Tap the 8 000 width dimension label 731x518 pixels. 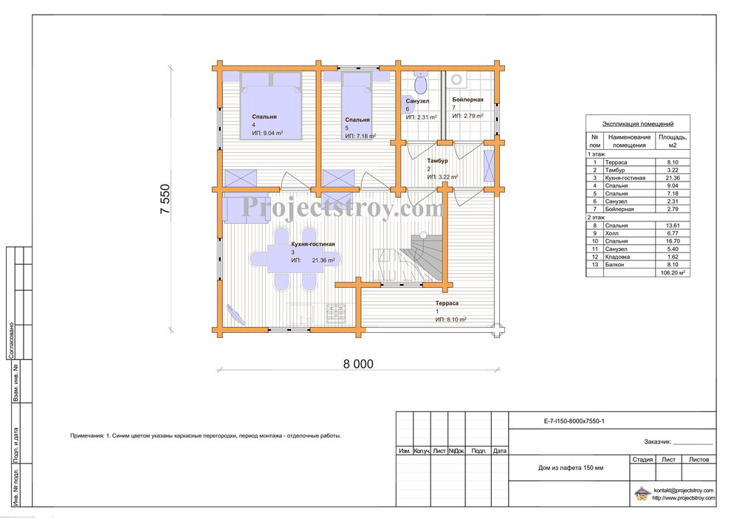(358, 364)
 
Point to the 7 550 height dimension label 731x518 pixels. (165, 199)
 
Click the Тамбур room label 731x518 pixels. (437, 161)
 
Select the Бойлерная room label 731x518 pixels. (467, 100)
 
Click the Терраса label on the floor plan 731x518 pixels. (447, 303)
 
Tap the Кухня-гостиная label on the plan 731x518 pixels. (313, 244)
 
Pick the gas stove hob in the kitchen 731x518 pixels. (336, 313)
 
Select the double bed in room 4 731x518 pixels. (271, 106)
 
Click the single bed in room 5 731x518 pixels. (357, 104)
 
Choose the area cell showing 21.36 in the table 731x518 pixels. (672, 178)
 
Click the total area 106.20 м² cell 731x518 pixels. (672, 273)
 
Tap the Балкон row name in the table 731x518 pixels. (614, 265)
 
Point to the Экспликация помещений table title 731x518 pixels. (637, 124)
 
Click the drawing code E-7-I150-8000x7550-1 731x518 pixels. (574, 421)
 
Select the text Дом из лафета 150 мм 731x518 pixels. (571, 468)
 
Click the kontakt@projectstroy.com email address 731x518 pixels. (684, 490)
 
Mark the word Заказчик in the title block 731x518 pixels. (657, 441)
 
